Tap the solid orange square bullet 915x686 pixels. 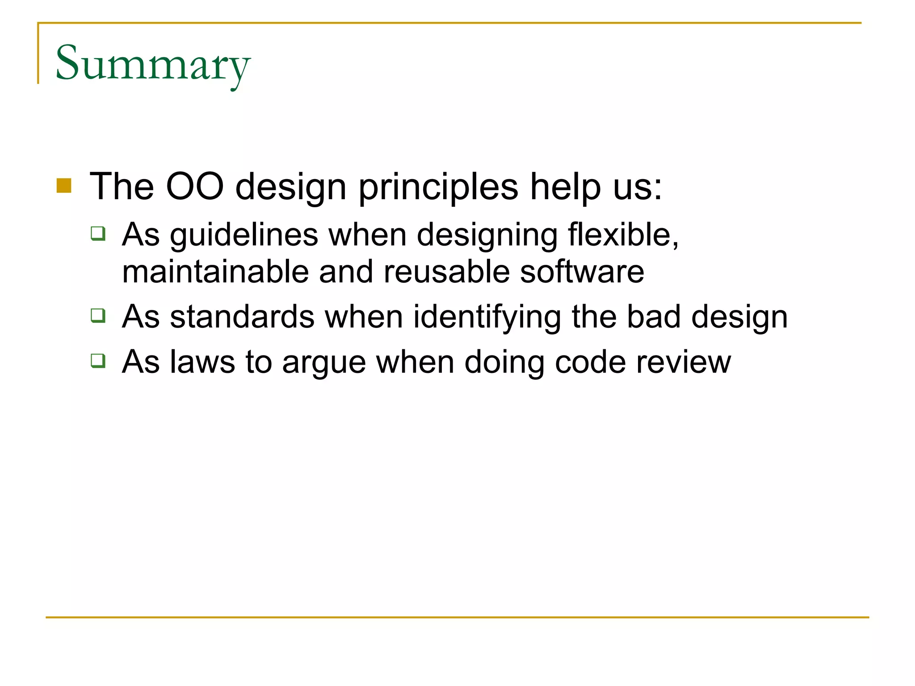pyautogui.click(x=64, y=186)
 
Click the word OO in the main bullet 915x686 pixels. pyautogui.click(x=194, y=186)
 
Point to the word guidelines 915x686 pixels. pyautogui.click(x=244, y=235)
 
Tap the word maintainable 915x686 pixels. pyautogui.click(x=215, y=272)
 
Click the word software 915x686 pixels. pyautogui.click(x=582, y=272)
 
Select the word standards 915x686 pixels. pyautogui.click(x=242, y=317)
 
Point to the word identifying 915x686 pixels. pyautogui.click(x=487, y=318)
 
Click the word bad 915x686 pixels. pyautogui.click(x=653, y=317)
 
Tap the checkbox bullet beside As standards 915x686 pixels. pyautogui.click(x=98, y=315)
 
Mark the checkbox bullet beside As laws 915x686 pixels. pyautogui.click(x=98, y=360)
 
